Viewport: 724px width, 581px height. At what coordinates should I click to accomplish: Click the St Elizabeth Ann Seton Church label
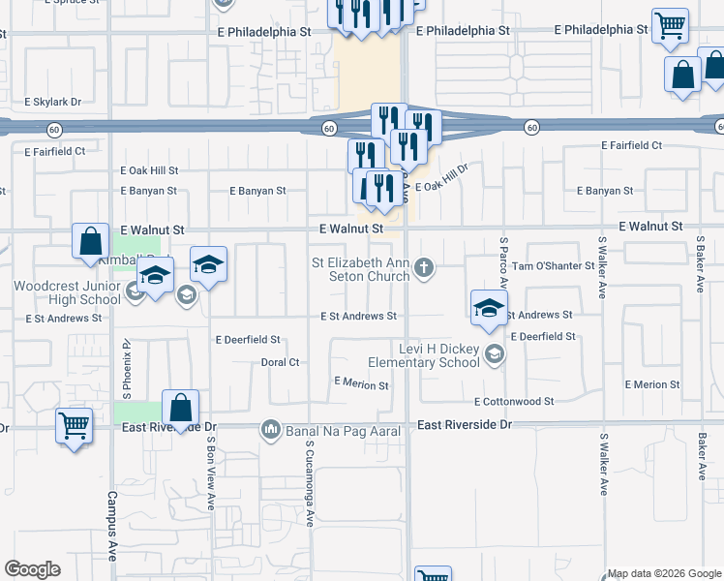pos(360,268)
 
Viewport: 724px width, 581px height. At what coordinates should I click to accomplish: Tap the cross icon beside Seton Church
pos(423,267)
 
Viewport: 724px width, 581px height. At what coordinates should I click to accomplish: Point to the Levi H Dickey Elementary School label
pos(439,355)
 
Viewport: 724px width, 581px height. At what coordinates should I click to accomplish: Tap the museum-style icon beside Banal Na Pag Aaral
pos(271,428)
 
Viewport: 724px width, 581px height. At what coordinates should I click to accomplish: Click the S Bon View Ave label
pos(210,472)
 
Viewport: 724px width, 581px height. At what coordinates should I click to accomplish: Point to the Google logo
pos(33,569)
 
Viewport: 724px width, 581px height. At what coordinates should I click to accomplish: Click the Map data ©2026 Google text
pos(663,573)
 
